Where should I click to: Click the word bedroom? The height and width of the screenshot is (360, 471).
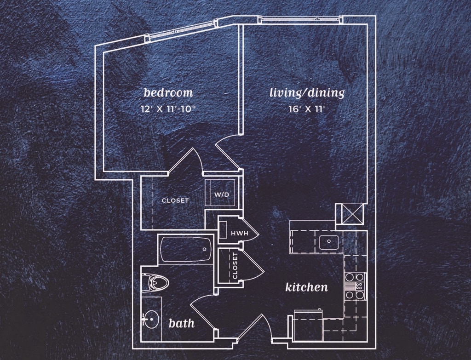168,92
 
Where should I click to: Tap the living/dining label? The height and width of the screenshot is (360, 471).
307,93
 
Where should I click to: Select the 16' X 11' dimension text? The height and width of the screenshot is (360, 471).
307,109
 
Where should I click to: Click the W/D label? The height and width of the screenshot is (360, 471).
221,194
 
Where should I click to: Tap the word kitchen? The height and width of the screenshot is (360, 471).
307,288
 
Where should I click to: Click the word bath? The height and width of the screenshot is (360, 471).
181,323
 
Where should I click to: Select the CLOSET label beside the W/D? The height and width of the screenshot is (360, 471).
175,200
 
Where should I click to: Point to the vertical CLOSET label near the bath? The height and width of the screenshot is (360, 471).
235,266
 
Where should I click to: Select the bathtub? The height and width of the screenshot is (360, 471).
186,250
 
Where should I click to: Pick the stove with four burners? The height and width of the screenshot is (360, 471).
355,286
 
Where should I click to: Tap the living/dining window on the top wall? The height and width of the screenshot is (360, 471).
300,19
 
